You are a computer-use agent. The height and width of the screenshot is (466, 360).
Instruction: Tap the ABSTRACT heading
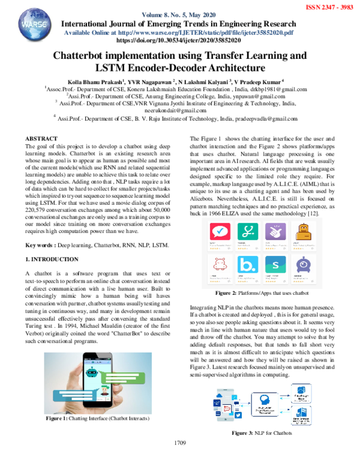(42, 138)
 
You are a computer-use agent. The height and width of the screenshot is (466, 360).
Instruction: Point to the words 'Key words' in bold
(38, 246)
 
